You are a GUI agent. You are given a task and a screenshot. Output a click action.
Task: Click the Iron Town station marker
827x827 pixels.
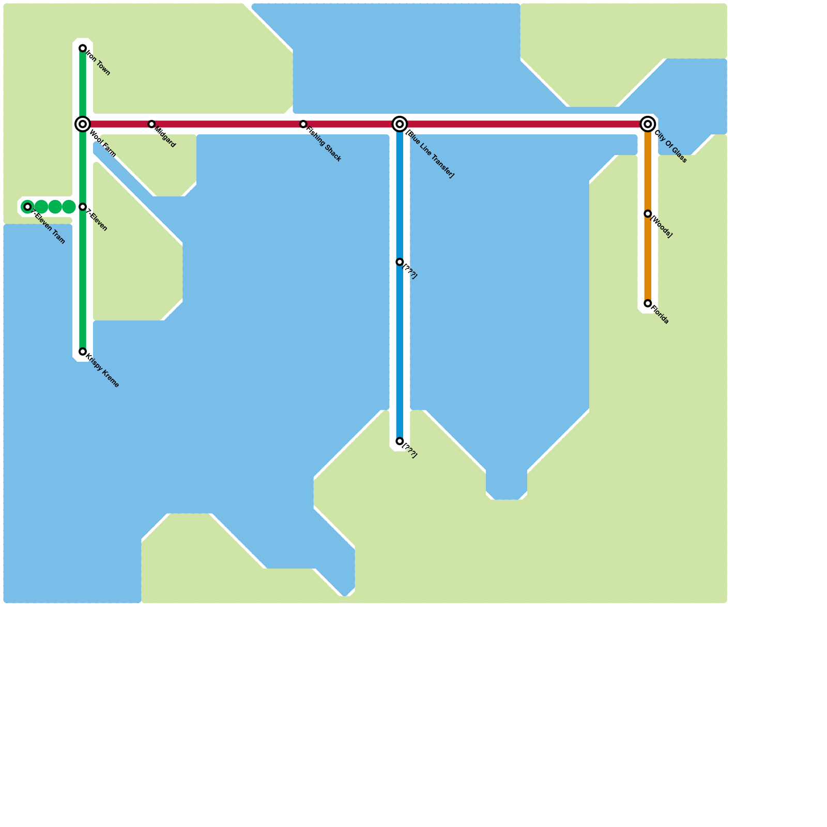(x=83, y=49)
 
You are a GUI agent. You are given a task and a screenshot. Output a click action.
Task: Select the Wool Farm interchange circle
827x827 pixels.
(x=83, y=124)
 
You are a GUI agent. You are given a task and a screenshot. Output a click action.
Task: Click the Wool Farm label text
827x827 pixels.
(x=102, y=144)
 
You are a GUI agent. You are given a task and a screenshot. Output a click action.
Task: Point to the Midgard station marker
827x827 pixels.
(x=151, y=124)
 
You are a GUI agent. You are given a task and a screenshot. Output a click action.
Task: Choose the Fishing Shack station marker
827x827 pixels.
(x=303, y=124)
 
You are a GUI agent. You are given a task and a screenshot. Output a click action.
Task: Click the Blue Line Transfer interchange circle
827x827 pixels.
(x=400, y=124)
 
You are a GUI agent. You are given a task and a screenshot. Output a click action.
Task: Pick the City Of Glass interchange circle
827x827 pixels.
(x=648, y=124)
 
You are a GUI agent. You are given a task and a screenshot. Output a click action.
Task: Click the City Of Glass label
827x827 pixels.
(x=670, y=147)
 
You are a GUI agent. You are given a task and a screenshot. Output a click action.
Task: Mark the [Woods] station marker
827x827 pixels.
(x=648, y=214)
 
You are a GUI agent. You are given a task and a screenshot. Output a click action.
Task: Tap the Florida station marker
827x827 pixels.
(x=648, y=303)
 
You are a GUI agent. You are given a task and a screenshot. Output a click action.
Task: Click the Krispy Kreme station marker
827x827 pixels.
(x=83, y=351)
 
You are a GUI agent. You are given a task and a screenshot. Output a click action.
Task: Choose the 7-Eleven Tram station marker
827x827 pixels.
(x=28, y=207)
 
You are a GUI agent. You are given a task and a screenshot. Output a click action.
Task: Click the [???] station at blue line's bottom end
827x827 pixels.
(x=400, y=441)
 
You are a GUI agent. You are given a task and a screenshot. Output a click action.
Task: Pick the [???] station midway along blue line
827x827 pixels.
(x=400, y=262)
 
